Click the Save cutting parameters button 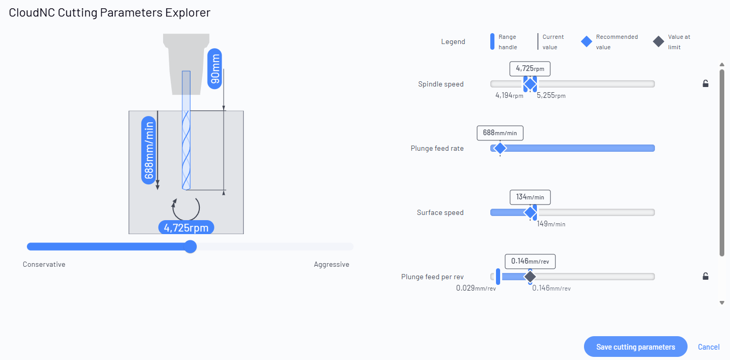pyautogui.click(x=635, y=347)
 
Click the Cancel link pyautogui.click(x=708, y=347)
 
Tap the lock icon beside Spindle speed pyautogui.click(x=706, y=84)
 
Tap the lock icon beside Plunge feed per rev pyautogui.click(x=706, y=277)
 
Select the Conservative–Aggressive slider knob pyautogui.click(x=191, y=247)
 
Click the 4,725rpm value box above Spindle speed pyautogui.click(x=530, y=69)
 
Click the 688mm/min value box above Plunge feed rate pyautogui.click(x=500, y=133)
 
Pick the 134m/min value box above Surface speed pyautogui.click(x=530, y=197)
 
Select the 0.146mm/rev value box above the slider pyautogui.click(x=530, y=262)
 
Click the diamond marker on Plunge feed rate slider pyautogui.click(x=500, y=148)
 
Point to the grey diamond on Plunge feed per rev pyautogui.click(x=530, y=277)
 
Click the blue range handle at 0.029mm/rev pyautogui.click(x=498, y=277)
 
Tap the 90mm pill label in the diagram pyautogui.click(x=215, y=69)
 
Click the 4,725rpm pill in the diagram pyautogui.click(x=186, y=227)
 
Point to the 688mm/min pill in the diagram pyautogui.click(x=149, y=150)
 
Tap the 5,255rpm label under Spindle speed pyautogui.click(x=551, y=95)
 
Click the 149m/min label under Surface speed pyautogui.click(x=551, y=224)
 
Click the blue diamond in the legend pyautogui.click(x=586, y=42)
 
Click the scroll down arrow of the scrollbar pyautogui.click(x=722, y=303)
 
